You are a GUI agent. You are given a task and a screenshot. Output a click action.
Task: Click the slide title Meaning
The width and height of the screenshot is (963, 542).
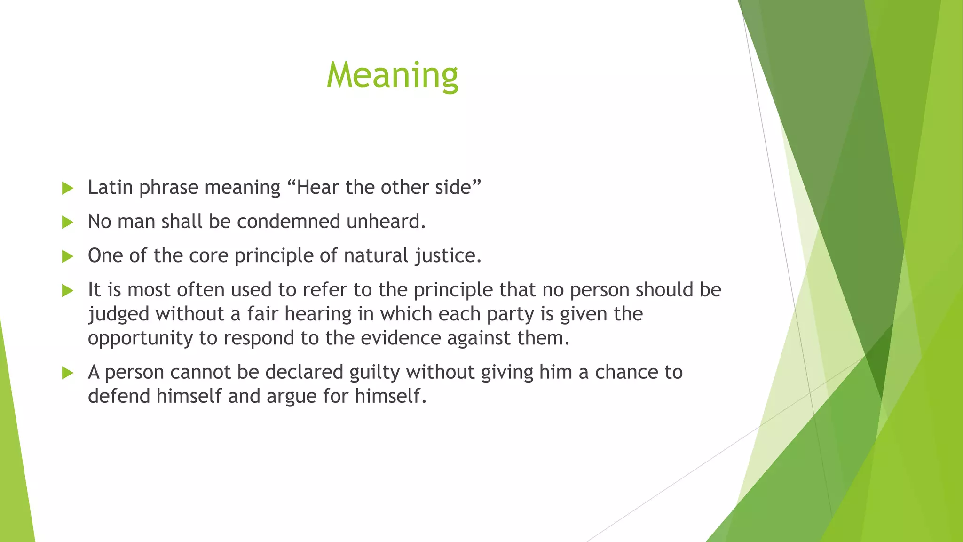pos(392,75)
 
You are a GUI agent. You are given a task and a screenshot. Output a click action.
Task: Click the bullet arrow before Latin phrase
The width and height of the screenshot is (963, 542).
pos(68,188)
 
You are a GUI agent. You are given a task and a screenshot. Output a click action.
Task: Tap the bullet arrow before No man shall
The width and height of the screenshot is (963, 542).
pos(68,222)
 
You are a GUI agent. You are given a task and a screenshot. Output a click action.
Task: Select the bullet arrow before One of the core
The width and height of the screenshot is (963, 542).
pos(68,256)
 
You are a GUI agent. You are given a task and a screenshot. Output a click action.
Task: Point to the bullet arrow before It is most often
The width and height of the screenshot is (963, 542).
pos(68,290)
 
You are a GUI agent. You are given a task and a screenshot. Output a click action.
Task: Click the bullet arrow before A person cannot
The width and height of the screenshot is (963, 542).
pos(68,373)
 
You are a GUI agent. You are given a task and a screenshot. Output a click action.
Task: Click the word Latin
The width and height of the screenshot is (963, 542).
pos(110,187)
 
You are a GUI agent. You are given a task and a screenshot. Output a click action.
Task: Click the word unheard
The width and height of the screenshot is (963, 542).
pos(386,222)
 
